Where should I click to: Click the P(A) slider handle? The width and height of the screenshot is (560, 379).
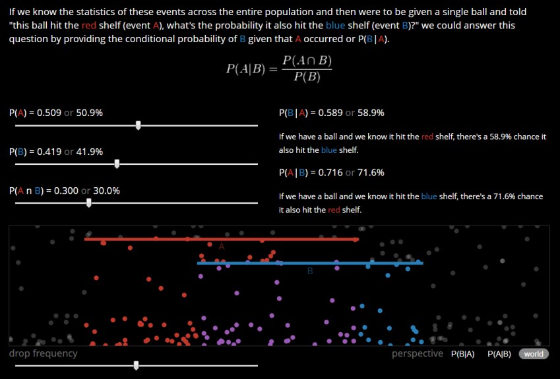138,125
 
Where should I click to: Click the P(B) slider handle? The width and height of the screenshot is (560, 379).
117,163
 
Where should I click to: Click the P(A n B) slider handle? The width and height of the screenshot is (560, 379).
89,202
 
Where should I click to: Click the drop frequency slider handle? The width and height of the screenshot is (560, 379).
137,365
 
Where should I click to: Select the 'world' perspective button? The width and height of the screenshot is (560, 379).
534,354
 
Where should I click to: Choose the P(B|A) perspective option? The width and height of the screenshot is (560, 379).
463,354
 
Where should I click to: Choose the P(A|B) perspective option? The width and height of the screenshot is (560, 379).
499,354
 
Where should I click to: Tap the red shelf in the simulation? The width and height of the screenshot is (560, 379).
221,239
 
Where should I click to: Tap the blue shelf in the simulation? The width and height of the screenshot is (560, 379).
310,263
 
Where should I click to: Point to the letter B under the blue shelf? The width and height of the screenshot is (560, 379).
310,271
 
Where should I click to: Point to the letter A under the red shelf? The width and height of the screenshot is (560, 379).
221,246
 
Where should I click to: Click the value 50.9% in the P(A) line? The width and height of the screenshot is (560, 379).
90,113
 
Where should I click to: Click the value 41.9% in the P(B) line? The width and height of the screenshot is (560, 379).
90,152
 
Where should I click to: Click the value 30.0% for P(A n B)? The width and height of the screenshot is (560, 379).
107,190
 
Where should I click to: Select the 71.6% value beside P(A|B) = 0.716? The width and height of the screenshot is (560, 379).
371,172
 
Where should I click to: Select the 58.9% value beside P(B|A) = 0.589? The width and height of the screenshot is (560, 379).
371,113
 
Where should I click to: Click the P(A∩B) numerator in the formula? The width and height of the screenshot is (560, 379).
307,61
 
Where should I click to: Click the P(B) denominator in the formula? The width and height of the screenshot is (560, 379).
307,77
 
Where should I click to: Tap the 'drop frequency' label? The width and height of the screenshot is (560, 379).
43,353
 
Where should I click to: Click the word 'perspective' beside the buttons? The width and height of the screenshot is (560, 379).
418,354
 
